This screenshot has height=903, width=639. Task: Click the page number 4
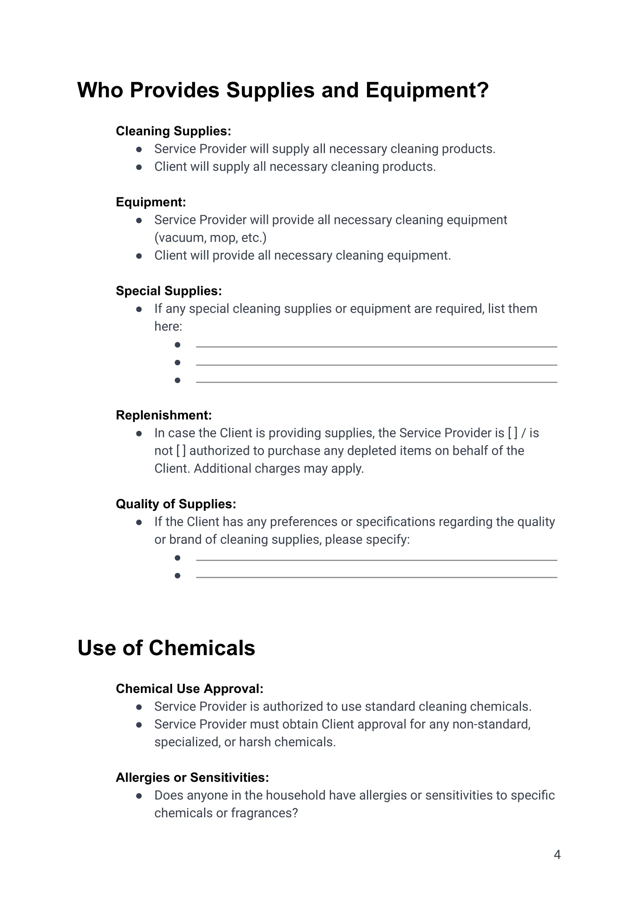click(557, 855)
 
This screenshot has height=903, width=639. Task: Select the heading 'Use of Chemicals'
click(166, 648)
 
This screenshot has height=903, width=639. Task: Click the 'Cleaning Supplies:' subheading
click(173, 131)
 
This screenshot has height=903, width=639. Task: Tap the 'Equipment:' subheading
click(151, 202)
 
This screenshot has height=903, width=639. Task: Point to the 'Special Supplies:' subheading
click(169, 291)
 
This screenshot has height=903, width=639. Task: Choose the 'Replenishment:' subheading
click(164, 415)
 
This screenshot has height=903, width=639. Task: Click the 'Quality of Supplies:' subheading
click(176, 504)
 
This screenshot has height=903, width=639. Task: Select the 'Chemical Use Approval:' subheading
click(189, 689)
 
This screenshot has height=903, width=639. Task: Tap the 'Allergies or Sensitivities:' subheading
click(193, 778)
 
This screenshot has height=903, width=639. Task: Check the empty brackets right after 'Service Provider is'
click(513, 433)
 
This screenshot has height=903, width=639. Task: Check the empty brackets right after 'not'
click(181, 451)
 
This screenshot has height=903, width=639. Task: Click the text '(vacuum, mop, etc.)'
click(210, 238)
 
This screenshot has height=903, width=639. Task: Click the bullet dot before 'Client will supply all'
click(139, 167)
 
